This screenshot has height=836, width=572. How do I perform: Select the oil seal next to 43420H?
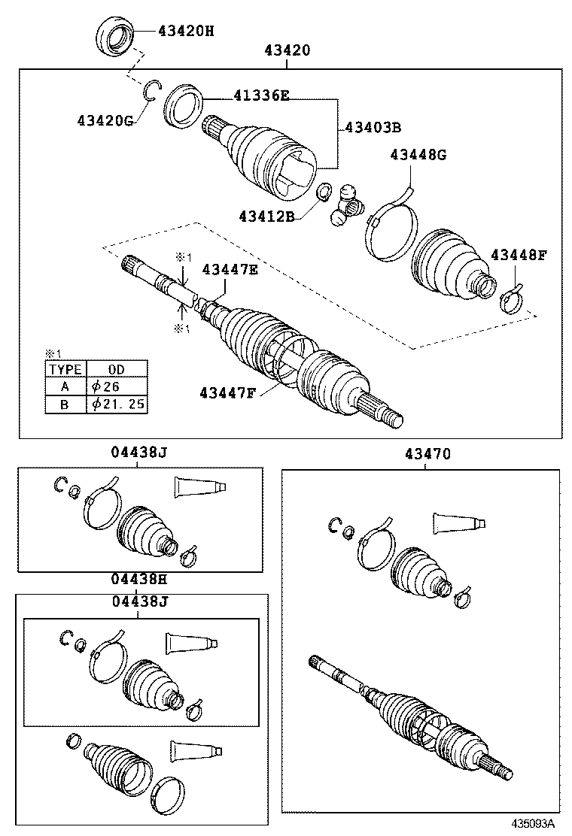(x=116, y=38)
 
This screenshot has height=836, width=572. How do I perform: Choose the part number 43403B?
(x=373, y=127)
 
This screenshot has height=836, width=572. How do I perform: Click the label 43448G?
(x=418, y=155)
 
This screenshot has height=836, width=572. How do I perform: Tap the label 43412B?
(x=268, y=217)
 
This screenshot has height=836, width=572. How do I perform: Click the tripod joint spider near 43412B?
(x=347, y=204)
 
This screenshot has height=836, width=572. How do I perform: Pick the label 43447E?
(x=230, y=269)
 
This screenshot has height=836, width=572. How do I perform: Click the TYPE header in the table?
(x=65, y=369)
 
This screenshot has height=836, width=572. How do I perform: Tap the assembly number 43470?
(x=427, y=454)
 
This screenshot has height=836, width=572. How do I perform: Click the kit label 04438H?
(x=139, y=580)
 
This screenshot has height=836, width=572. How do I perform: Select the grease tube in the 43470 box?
(x=458, y=523)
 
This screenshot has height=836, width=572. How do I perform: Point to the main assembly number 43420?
(x=287, y=50)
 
